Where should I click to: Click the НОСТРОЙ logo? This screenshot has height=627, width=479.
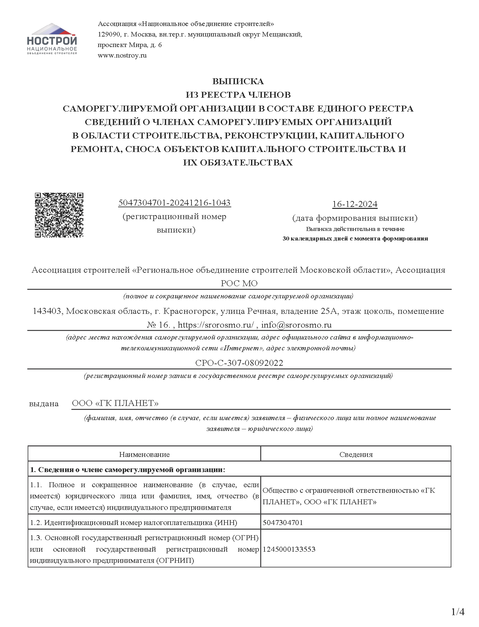(x=52, y=39)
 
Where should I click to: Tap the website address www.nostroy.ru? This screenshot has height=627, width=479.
(x=122, y=55)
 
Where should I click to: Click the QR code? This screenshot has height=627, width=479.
(x=59, y=215)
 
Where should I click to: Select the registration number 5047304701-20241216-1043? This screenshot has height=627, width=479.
(x=174, y=203)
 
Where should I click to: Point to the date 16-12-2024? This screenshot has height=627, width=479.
(x=355, y=204)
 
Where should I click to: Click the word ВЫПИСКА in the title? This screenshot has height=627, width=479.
(x=238, y=81)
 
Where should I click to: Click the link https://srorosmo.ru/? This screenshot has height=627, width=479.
(x=215, y=325)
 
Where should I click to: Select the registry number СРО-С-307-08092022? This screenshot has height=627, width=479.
(x=239, y=363)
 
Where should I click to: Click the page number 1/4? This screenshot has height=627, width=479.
(x=458, y=612)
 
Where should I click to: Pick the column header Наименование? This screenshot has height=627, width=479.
(x=144, y=455)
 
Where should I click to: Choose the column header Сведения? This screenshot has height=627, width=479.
(x=356, y=455)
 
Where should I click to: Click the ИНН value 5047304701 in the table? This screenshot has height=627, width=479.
(x=283, y=522)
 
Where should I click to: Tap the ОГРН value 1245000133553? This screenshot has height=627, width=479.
(x=289, y=549)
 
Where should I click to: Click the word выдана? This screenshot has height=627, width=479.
(x=44, y=404)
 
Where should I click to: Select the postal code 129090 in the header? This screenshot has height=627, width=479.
(x=108, y=34)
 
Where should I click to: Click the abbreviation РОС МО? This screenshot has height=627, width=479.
(x=239, y=283)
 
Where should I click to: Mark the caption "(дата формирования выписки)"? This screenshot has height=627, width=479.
(x=355, y=218)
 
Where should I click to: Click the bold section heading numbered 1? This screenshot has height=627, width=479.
(x=128, y=469)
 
